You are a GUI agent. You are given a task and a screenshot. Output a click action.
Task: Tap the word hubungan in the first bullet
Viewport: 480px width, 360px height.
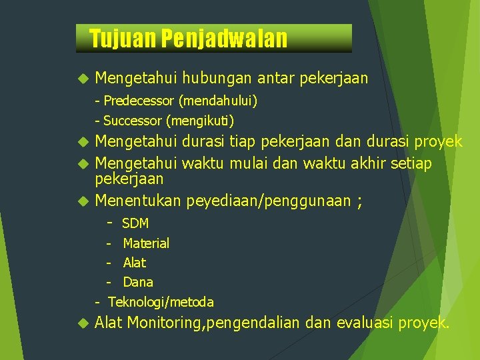(x=216, y=79)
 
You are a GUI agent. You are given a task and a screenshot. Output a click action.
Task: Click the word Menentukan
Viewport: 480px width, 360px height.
(x=139, y=201)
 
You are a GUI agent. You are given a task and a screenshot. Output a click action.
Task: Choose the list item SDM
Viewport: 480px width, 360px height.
(x=135, y=223)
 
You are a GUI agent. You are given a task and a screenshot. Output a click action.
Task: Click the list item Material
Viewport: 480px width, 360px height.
(x=146, y=243)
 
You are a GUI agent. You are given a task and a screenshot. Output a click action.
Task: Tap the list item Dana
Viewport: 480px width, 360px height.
(x=138, y=282)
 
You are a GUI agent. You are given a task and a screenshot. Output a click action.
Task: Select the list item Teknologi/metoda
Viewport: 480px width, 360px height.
(x=161, y=302)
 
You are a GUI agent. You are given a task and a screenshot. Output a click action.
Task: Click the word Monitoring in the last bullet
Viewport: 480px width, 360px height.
(x=167, y=323)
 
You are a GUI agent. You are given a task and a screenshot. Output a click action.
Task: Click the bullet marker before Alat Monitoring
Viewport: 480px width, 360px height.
(x=83, y=324)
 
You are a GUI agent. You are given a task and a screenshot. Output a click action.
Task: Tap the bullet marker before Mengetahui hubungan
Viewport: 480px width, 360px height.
(x=83, y=79)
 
